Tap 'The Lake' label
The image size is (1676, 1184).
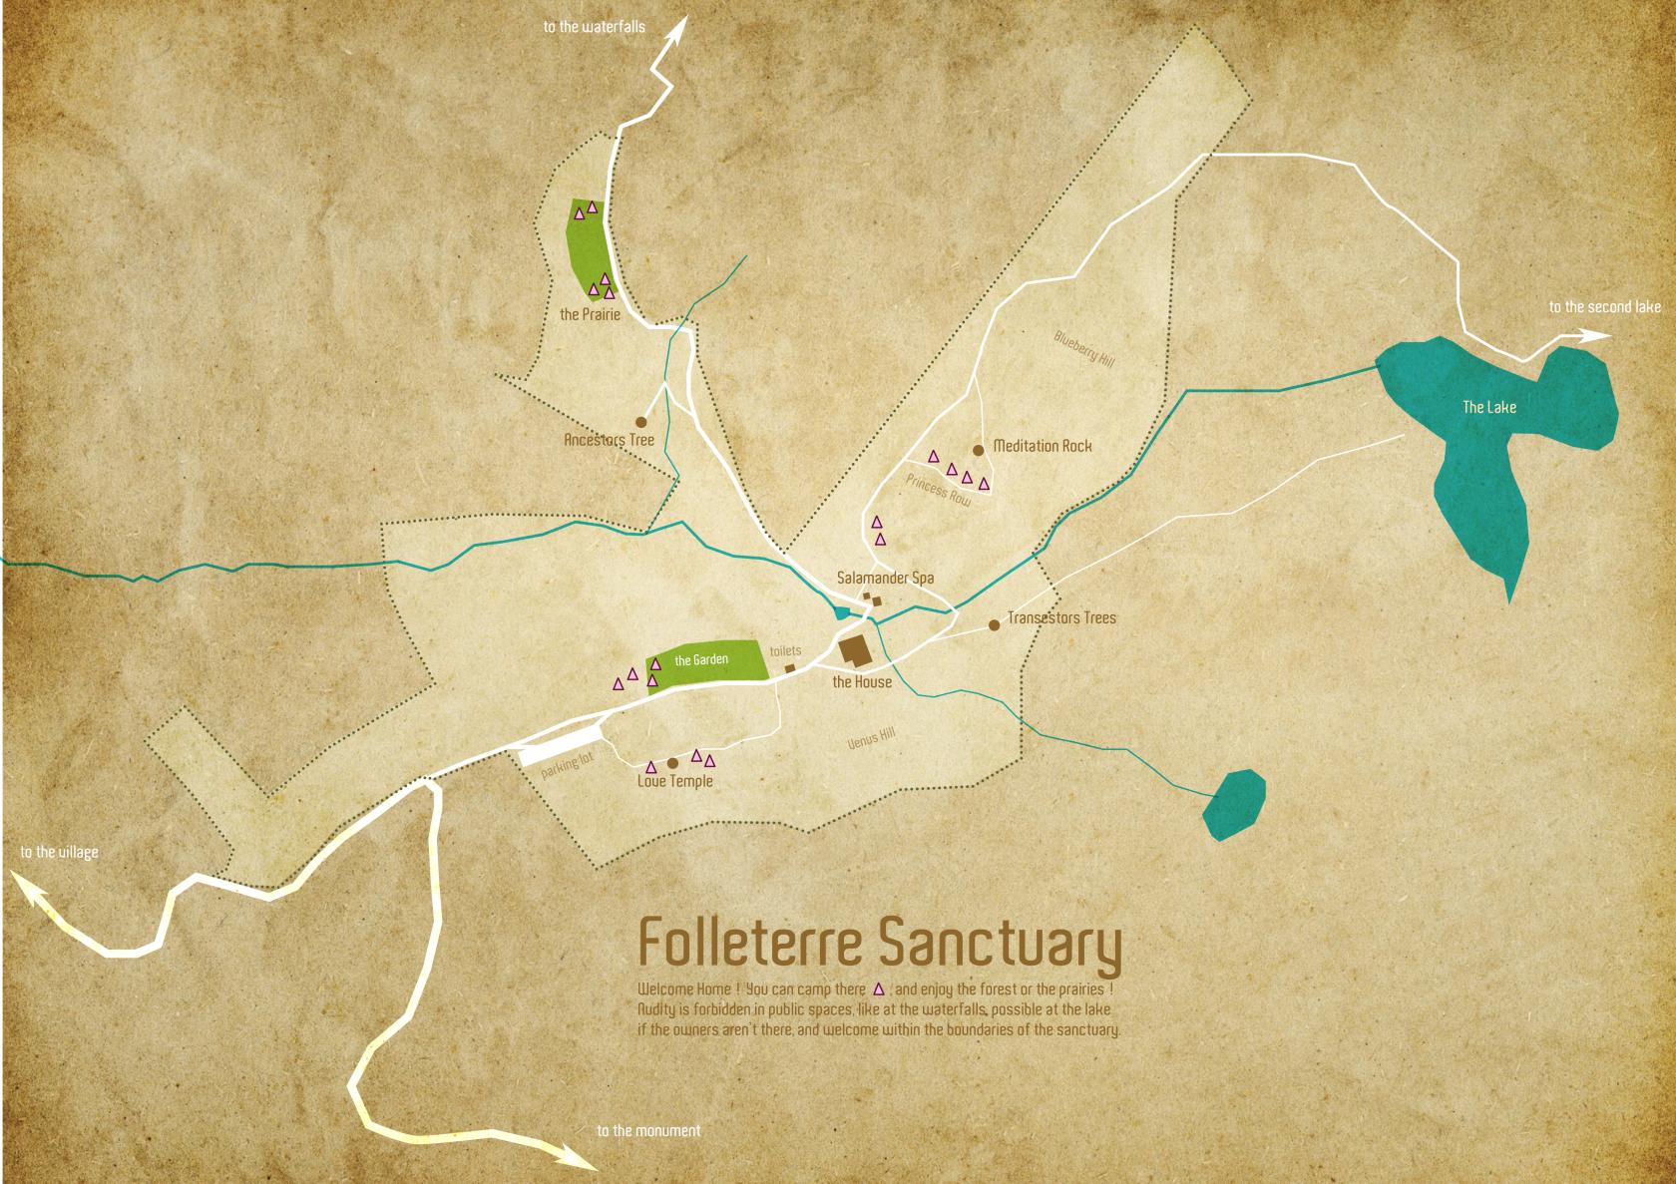1488,407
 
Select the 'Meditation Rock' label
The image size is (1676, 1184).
1043,446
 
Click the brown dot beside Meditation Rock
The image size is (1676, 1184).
978,449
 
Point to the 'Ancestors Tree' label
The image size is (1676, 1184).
609,440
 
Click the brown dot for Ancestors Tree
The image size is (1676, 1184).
641,422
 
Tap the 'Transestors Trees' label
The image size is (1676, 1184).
1061,618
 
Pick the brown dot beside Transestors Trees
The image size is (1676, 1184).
994,625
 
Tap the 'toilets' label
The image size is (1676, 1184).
785,651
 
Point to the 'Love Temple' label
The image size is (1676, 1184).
675,781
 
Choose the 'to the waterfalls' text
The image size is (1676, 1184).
594,27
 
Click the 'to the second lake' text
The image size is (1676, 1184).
1604,307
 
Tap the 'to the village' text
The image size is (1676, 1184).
60,853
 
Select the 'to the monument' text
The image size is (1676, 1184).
648,1131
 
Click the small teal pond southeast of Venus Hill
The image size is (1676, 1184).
1234,804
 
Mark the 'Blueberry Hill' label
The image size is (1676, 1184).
1083,350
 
